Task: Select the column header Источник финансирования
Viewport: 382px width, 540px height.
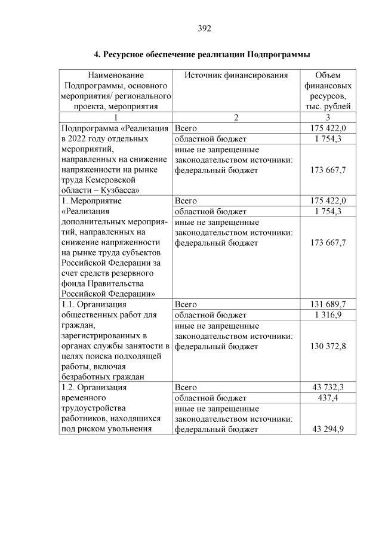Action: [236, 76]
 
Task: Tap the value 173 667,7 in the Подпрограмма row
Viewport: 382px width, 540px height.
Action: [328, 170]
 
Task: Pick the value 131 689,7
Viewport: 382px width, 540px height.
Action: [328, 304]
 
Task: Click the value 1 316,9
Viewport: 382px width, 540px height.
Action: [328, 315]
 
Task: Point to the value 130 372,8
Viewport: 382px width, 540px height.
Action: [328, 346]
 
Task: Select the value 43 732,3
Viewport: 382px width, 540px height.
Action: [328, 387]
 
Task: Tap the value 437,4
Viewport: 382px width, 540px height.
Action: [328, 398]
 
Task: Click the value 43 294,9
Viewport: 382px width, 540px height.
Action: [328, 429]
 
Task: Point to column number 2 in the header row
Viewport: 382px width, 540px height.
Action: [236, 118]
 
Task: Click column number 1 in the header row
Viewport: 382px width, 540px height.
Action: [116, 118]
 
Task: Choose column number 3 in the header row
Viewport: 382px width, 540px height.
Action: [328, 118]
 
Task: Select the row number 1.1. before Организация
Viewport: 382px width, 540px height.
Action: [69, 304]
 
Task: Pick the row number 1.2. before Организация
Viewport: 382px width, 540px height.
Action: [69, 387]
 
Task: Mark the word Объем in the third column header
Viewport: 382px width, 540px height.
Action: [328, 76]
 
